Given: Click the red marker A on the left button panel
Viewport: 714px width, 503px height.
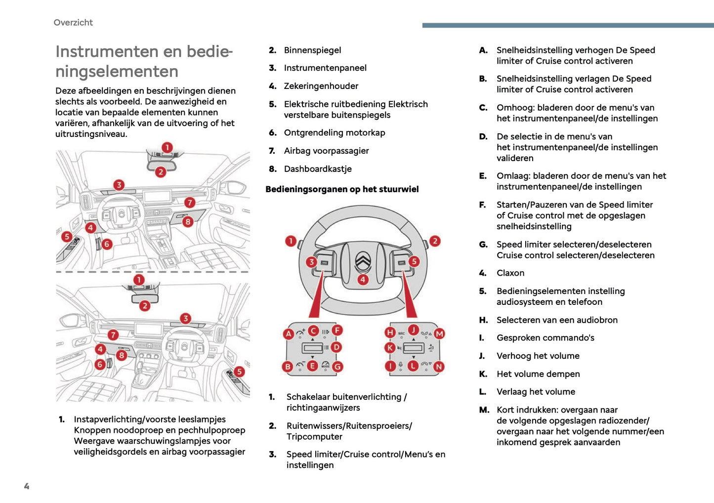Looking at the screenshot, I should [x=289, y=334].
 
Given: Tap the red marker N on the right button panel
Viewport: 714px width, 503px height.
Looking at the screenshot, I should [x=439, y=367].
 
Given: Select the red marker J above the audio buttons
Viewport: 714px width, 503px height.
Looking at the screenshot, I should [x=413, y=330].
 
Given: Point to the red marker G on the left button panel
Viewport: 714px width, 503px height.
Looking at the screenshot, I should [x=337, y=367].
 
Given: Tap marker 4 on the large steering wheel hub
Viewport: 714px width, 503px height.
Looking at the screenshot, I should [x=363, y=280].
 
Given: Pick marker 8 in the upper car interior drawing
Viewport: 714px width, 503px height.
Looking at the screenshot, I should [x=188, y=222].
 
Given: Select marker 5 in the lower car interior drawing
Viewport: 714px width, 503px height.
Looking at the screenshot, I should [x=239, y=372].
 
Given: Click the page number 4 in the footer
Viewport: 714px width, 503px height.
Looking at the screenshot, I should [x=27, y=486].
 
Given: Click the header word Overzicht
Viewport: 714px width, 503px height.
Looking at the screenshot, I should [x=73, y=22].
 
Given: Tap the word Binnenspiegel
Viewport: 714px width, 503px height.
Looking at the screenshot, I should [x=312, y=50].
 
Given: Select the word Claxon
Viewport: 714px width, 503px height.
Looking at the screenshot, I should [x=510, y=273].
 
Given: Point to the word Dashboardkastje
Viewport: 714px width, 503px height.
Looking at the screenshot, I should [x=318, y=169].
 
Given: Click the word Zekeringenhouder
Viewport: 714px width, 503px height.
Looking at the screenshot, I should [x=321, y=86].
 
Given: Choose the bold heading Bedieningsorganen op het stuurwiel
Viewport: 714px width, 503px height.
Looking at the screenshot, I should [x=342, y=189].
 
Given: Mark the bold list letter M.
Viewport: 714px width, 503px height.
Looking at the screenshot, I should [x=484, y=410].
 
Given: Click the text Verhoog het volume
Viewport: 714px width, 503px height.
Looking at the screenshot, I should [x=538, y=356].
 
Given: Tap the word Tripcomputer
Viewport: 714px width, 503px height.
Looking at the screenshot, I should [x=314, y=437].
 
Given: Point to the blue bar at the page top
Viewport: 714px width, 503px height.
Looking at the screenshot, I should [x=568, y=25].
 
